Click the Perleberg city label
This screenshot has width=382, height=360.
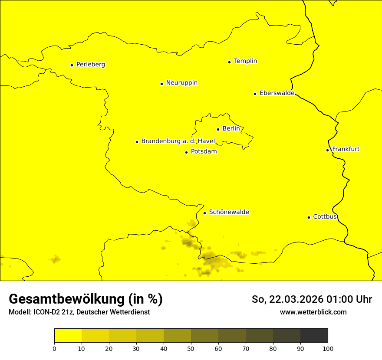click(90, 65)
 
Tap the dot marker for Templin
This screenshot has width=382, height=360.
click(229, 62)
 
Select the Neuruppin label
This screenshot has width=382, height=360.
click(181, 83)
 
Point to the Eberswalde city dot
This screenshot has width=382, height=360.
click(255, 94)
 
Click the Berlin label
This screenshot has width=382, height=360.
click(231, 129)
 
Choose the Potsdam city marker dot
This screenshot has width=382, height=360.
click(186, 152)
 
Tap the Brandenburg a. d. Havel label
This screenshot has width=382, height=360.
click(178, 141)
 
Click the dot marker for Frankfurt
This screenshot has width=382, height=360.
click(327, 150)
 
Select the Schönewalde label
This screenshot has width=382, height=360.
click(229, 212)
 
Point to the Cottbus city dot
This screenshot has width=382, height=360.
click(309, 217)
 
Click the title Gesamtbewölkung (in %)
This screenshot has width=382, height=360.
click(86, 299)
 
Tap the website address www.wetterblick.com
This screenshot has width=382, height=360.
click(313, 312)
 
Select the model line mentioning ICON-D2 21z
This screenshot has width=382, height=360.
click(79, 312)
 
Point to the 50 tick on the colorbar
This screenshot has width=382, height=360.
click(191, 348)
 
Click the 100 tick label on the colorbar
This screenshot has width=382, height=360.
click(328, 348)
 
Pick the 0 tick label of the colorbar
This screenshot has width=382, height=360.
click(54, 348)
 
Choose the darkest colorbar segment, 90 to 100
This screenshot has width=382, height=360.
click(314, 336)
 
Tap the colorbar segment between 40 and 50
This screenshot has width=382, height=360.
click(177, 336)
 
